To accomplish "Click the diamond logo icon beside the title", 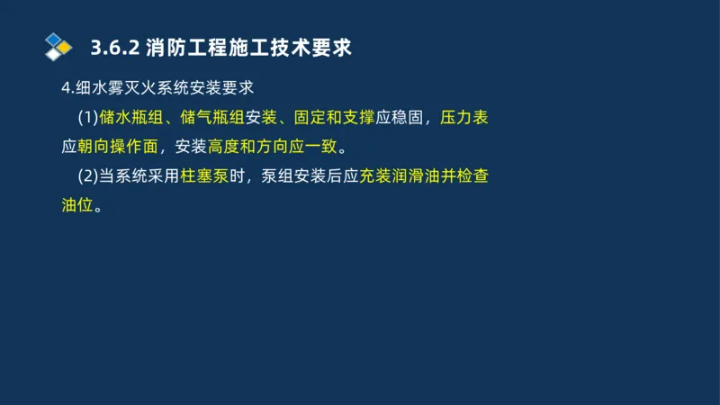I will click(x=58, y=45).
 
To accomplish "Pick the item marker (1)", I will click(x=88, y=118).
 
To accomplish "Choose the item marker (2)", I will click(x=88, y=176).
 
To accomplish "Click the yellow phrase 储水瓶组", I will click(x=133, y=118).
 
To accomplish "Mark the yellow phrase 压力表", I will click(x=464, y=118).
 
